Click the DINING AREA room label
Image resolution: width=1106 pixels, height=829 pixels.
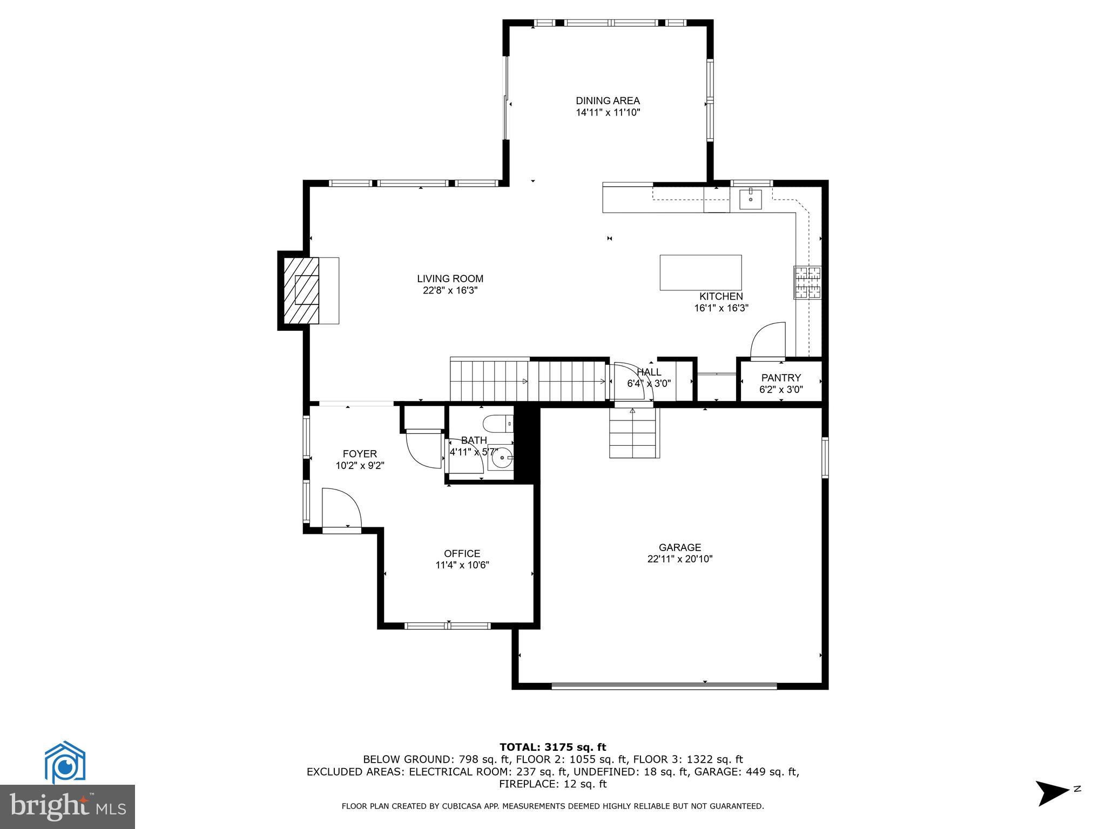[x=608, y=101]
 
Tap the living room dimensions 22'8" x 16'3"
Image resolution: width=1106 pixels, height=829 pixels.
[x=450, y=290]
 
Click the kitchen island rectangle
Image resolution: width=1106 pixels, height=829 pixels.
[x=700, y=273]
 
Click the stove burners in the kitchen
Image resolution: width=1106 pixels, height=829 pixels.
[x=807, y=283]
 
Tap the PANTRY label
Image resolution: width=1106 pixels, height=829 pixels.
[x=781, y=378]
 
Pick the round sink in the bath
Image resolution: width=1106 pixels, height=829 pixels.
[x=502, y=459]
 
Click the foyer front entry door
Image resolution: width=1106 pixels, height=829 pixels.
[x=341, y=510]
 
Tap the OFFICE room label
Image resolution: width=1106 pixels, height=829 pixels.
[x=462, y=554]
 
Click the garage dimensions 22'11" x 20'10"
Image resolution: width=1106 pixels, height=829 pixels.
[x=680, y=559]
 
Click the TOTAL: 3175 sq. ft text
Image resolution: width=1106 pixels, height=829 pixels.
[x=552, y=748]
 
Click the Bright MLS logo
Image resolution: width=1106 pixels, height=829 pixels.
[x=68, y=806]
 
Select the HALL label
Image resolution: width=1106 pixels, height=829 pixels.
[x=649, y=372]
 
